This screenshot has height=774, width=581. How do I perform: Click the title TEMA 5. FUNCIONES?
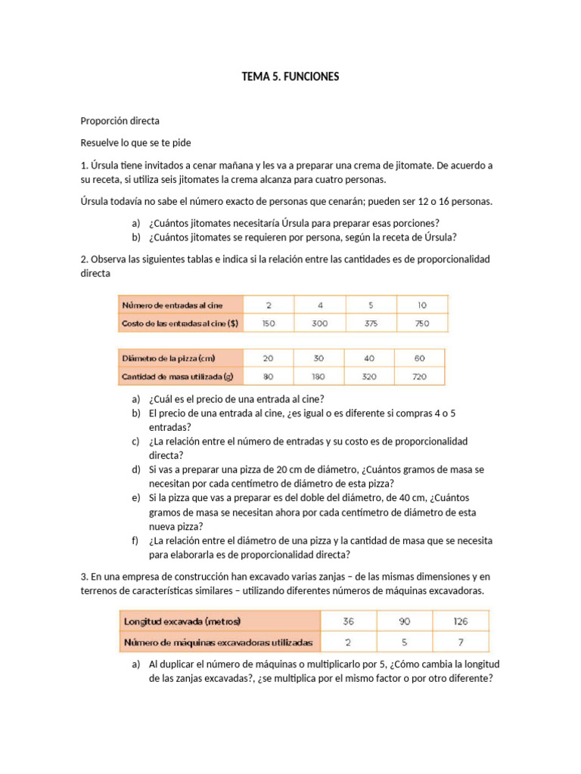coord(290,76)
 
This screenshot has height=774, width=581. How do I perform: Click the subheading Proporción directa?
coord(120,121)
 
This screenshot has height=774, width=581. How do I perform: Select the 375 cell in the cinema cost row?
coord(371,324)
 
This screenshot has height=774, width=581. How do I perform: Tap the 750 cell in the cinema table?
coord(421,324)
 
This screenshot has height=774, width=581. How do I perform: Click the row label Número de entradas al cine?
coord(173,305)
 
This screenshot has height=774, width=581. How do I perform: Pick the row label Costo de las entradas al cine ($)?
coord(180,324)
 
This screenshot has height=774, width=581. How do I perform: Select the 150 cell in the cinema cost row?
coord(269,324)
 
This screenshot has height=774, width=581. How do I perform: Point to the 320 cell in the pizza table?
coord(370,376)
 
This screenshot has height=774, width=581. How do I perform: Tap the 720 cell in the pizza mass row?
coord(419,376)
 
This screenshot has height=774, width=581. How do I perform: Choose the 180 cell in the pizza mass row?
coord(319,376)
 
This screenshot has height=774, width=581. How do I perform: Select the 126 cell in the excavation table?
coord(460,621)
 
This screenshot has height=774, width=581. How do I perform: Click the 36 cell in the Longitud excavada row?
coord(349,621)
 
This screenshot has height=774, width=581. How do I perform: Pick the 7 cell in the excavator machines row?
coord(460,642)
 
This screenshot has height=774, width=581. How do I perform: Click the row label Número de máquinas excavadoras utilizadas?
coord(219,642)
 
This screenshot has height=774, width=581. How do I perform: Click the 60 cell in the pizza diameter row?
coord(419,358)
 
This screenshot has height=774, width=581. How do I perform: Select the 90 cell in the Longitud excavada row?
coord(404,621)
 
